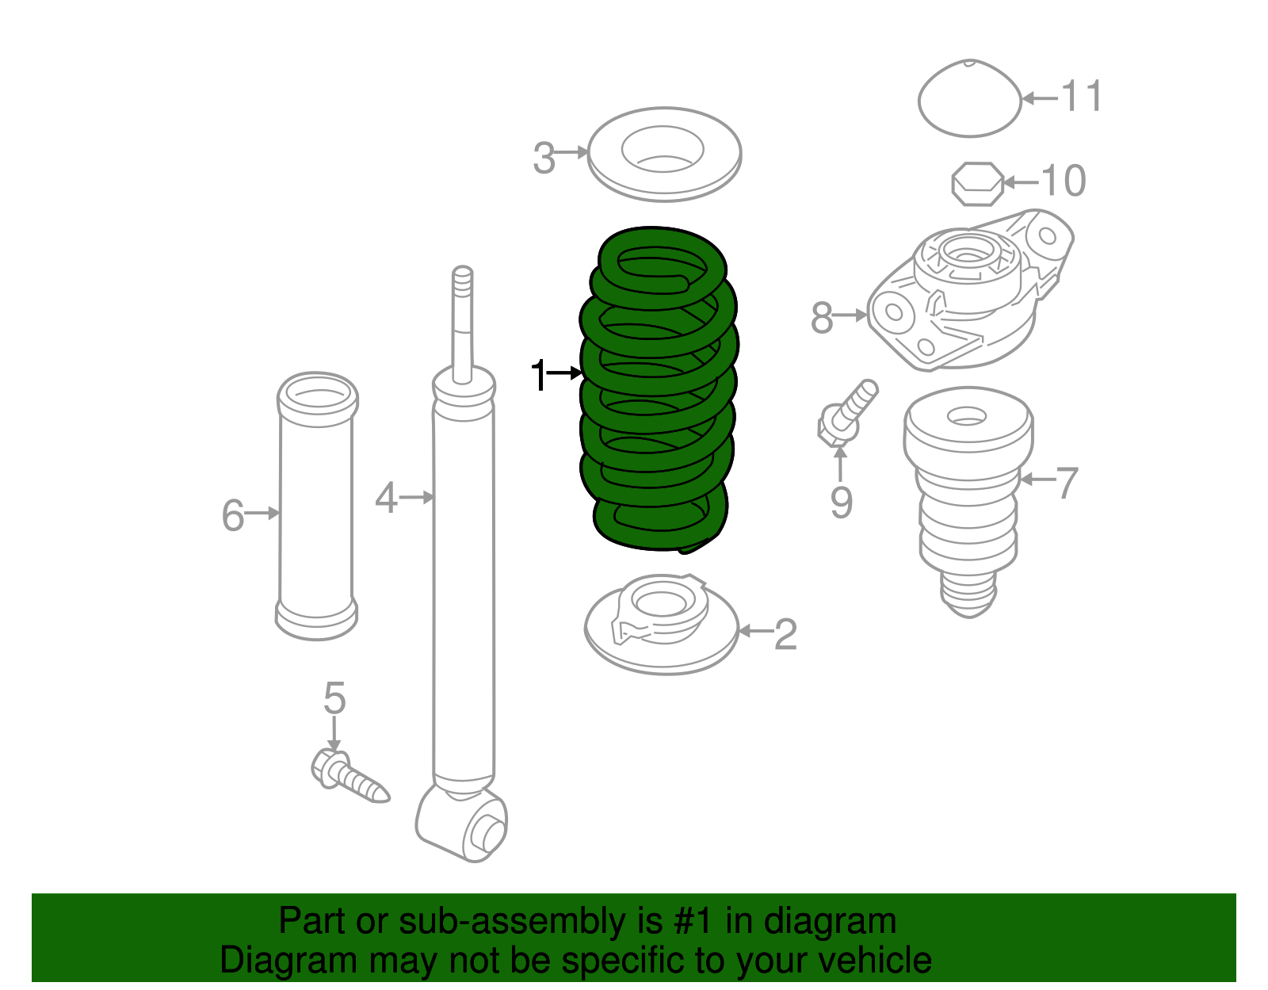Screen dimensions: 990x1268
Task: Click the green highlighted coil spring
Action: [658, 388]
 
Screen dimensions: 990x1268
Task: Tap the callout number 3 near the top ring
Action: [544, 158]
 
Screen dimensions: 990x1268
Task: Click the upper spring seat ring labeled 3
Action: [664, 178]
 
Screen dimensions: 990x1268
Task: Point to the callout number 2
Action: [785, 634]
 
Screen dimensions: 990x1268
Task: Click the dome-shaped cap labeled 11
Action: [969, 99]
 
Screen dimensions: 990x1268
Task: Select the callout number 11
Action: [1081, 97]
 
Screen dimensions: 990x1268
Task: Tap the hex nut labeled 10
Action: [976, 184]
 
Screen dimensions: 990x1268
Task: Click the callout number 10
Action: [1063, 181]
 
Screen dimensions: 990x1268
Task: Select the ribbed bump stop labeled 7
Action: [968, 499]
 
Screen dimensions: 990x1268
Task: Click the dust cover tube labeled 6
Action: [316, 507]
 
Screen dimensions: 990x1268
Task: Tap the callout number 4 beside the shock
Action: [386, 499]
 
